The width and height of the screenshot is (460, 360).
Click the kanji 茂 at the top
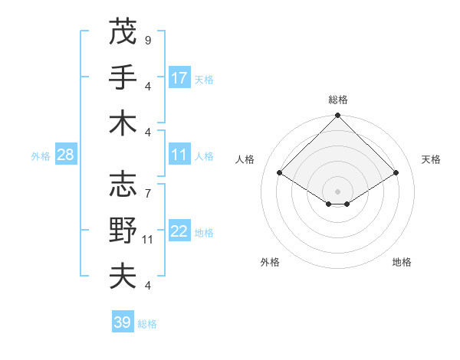click(123, 32)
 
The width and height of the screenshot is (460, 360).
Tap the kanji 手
click(123, 77)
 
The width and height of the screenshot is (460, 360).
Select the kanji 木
click(123, 123)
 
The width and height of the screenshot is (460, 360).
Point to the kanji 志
click(123, 184)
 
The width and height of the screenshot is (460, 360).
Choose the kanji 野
click(123, 231)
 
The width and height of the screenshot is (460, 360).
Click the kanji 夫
click(123, 277)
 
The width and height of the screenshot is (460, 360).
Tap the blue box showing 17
click(179, 77)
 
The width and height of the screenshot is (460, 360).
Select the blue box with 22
click(179, 231)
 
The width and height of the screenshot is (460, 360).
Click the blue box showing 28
click(65, 155)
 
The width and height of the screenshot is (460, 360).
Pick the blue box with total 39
click(123, 322)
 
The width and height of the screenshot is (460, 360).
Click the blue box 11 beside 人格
click(179, 155)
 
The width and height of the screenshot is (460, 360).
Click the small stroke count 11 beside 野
click(149, 239)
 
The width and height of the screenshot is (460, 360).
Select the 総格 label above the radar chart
click(337, 100)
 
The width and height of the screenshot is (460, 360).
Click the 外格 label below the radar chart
click(270, 262)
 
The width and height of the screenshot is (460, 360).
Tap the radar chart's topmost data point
click(337, 116)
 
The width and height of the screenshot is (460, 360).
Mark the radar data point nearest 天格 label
click(396, 174)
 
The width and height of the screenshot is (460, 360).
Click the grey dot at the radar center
click(337, 191)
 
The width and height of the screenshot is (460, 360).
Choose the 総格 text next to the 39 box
click(147, 324)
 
